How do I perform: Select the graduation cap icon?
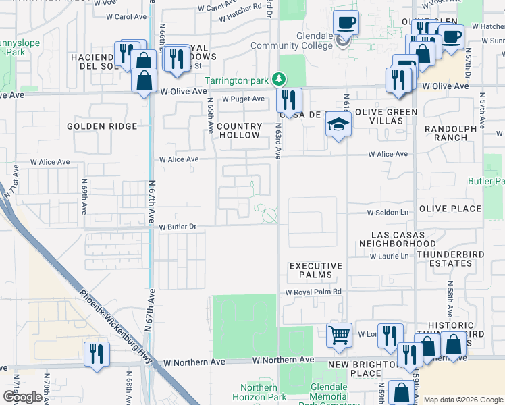click(x=338, y=126)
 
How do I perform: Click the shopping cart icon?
click(x=339, y=334)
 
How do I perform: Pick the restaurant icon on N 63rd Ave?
click(x=289, y=101)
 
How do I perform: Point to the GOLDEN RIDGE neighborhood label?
click(x=102, y=126)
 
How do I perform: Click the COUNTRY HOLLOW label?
click(x=239, y=130)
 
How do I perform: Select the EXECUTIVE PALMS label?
click(x=316, y=270)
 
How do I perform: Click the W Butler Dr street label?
click(x=178, y=227)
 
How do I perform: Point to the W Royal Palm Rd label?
click(x=313, y=292)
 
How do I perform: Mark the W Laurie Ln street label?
click(x=389, y=256)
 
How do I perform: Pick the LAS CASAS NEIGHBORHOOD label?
click(x=397, y=238)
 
